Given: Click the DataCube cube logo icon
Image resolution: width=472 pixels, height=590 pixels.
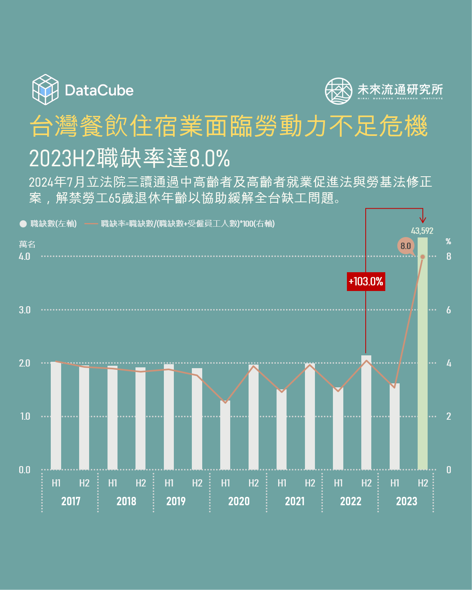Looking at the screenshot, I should [45, 90].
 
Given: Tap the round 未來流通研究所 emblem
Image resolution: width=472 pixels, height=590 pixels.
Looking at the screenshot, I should [338, 91].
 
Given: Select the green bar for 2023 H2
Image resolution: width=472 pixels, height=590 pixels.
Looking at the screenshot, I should [422, 353].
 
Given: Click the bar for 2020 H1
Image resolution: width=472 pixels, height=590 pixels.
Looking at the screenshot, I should [225, 435].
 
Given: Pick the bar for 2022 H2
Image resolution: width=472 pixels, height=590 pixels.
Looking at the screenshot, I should [366, 412].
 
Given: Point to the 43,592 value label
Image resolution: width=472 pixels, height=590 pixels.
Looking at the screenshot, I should [422, 231].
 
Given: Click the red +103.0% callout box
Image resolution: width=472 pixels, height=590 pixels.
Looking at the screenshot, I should [366, 281].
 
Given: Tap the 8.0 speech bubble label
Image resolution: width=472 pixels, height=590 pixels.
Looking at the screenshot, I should [406, 246].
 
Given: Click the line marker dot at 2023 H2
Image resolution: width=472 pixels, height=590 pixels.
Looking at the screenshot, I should [422, 257].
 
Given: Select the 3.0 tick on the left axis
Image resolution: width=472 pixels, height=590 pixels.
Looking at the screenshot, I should [24, 310].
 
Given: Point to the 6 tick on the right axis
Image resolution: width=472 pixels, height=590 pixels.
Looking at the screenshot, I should [448, 310].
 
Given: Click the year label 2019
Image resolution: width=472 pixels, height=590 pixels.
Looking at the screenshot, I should [176, 501].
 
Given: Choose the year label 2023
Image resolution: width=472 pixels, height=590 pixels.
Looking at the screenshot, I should [406, 501].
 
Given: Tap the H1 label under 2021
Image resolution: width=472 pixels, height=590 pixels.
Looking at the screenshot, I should [282, 483].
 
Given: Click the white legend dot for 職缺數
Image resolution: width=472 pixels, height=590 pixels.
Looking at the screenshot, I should [23, 224].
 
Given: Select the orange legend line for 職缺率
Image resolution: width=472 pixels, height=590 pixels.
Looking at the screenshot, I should [92, 224].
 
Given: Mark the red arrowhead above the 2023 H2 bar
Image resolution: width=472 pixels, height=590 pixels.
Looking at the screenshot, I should [423, 219].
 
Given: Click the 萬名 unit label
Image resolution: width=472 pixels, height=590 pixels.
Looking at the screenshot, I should [27, 244].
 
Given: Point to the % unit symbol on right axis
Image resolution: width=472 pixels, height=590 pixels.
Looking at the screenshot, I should [448, 241].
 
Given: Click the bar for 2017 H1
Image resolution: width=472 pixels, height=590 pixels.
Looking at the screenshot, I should [56, 416].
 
